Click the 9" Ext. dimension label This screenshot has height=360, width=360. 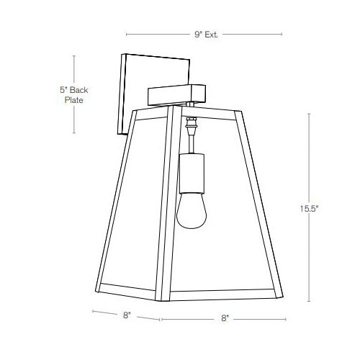point(206,33)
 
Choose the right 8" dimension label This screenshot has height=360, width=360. point(225,318)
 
